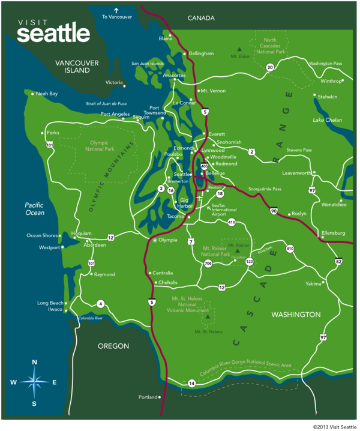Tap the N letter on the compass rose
pos(35,362)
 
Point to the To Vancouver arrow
pos(116,10)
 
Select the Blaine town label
pos(165,38)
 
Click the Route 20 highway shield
pos(270,67)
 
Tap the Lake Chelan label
pos(326,120)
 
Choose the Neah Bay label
pos(47,94)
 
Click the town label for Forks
pos(53,133)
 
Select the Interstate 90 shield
pos(274,211)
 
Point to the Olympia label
pos(167,240)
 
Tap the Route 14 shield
pos(191,383)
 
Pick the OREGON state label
pos(113,346)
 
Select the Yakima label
pos(313,283)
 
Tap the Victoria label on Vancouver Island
pos(114,82)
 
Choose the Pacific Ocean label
pos(35,209)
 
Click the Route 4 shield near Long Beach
pos(100,303)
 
